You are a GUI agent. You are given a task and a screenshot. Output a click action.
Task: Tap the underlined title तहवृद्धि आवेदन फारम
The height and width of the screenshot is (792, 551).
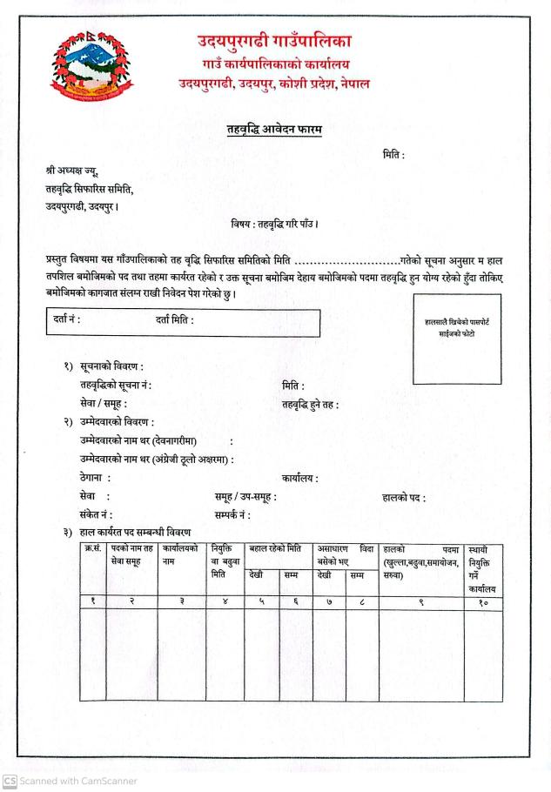[274, 130]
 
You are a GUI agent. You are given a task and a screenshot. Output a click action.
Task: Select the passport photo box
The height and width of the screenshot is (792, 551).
[457, 338]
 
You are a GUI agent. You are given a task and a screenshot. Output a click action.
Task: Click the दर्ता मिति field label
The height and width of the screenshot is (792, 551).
[175, 320]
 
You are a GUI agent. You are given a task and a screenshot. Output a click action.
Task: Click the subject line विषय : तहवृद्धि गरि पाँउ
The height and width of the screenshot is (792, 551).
[274, 224]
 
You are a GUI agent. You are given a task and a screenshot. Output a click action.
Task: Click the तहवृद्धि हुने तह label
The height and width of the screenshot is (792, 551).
[310, 404]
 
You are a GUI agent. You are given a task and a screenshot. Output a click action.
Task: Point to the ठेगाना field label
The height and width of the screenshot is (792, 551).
[95, 478]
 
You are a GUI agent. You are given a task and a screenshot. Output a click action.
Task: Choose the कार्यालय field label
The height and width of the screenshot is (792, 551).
[299, 478]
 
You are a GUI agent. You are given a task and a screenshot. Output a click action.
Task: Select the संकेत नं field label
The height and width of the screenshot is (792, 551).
[95, 515]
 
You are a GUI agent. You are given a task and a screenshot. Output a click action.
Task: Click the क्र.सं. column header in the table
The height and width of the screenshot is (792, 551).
[92, 549]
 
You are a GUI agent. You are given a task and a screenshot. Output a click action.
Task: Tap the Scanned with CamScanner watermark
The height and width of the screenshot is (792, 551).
[70, 781]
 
